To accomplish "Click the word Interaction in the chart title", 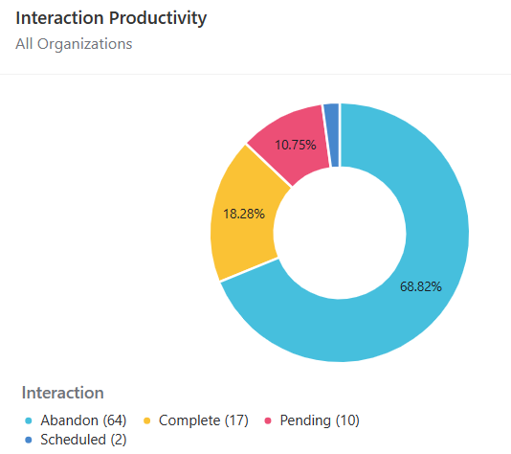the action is (60, 17).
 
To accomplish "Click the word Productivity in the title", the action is (158, 19).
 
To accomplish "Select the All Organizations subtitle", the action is (74, 44).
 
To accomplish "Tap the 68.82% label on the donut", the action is (421, 286).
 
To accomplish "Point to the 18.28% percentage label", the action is (244, 214).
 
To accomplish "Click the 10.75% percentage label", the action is (296, 145).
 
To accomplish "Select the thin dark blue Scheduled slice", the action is (331, 135).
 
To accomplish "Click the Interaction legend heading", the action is (62, 393).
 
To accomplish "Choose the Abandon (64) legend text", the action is (83, 420).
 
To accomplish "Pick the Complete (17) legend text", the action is (204, 420).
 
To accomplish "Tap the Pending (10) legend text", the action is (320, 420).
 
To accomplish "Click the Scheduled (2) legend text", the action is (83, 440).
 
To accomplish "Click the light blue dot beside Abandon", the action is (29, 420).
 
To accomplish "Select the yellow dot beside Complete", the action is (147, 420).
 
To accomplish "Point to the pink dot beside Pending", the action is (268, 420).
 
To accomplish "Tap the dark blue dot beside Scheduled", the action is (29, 440).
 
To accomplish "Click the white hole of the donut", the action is (340, 233).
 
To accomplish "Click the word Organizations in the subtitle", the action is (85, 44).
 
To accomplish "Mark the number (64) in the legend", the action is (115, 420).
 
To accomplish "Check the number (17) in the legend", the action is (236, 420).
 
